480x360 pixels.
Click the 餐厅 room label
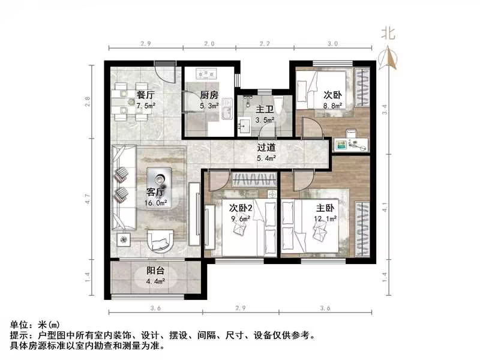[x=146, y=95]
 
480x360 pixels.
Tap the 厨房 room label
[x=208, y=95]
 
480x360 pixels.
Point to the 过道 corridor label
[x=266, y=148]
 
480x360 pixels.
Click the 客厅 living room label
[x=155, y=193]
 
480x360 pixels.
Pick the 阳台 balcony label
[x=155, y=270]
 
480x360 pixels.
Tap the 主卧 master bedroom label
[x=325, y=208]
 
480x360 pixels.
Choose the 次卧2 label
[x=240, y=208]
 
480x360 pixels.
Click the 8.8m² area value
[x=333, y=106]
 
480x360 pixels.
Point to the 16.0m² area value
[x=156, y=203]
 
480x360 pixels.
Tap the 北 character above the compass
[x=388, y=34]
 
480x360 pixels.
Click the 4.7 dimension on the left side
[x=88, y=199]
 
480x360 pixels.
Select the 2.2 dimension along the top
[x=265, y=44]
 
